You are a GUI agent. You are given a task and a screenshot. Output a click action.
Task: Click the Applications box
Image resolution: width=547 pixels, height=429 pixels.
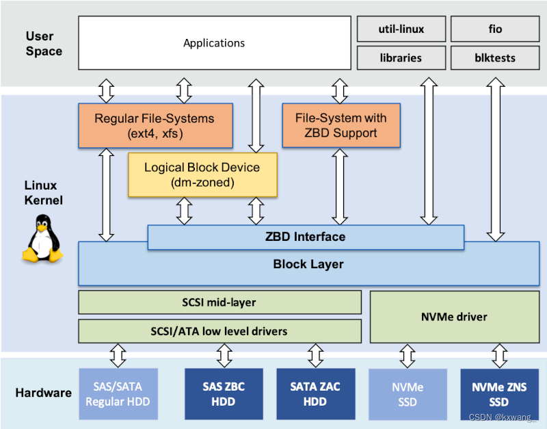(214, 43)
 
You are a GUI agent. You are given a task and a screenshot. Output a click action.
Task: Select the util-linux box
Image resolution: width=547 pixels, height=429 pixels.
(401, 29)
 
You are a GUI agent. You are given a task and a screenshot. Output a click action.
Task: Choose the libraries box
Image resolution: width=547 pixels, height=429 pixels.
(401, 58)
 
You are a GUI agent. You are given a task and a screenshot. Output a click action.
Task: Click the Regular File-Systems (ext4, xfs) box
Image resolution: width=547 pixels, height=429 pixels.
(155, 125)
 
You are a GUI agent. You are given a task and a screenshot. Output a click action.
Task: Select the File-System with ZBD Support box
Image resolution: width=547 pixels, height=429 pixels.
(341, 125)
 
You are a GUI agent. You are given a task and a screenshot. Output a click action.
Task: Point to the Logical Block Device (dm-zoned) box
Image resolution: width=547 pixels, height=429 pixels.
(202, 174)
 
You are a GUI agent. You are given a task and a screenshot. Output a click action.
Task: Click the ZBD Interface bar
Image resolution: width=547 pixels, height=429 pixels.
(306, 237)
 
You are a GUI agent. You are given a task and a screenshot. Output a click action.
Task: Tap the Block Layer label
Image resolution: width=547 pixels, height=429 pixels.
(308, 264)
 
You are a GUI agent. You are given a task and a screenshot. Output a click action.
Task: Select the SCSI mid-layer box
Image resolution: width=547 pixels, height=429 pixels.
(219, 302)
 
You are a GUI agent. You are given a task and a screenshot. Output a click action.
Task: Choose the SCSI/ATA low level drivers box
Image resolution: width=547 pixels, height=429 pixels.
(219, 331)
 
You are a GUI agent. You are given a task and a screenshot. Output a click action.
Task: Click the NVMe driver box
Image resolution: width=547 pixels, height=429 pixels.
(453, 317)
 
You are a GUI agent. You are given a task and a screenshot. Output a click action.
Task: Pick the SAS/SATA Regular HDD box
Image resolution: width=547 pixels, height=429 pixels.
(118, 394)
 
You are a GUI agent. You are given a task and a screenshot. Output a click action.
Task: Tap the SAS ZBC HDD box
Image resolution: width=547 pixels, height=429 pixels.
(224, 394)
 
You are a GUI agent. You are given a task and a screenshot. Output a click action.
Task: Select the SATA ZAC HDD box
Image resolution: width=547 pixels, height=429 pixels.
(315, 394)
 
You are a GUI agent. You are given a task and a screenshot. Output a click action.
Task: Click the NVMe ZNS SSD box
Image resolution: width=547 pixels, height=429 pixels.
(499, 394)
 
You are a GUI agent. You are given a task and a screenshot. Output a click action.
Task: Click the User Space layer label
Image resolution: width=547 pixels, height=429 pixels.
(44, 43)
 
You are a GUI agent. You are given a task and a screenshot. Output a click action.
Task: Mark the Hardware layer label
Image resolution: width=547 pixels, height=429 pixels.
(44, 393)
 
